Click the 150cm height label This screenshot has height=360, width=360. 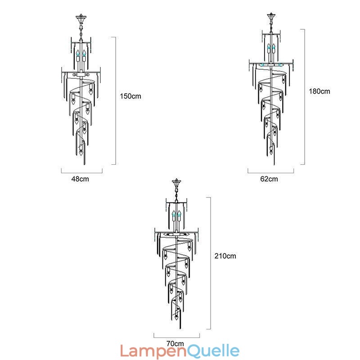pyautogui.click(x=130, y=96)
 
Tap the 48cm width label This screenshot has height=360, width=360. pyautogui.click(x=80, y=179)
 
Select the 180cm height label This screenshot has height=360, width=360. pyautogui.click(x=319, y=91)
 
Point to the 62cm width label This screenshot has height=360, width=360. pyautogui.click(x=269, y=179)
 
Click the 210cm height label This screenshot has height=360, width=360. pyautogui.click(x=225, y=256)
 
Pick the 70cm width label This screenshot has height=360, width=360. pyautogui.click(x=175, y=344)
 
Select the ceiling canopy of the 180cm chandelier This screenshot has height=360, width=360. pyautogui.click(x=271, y=17)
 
